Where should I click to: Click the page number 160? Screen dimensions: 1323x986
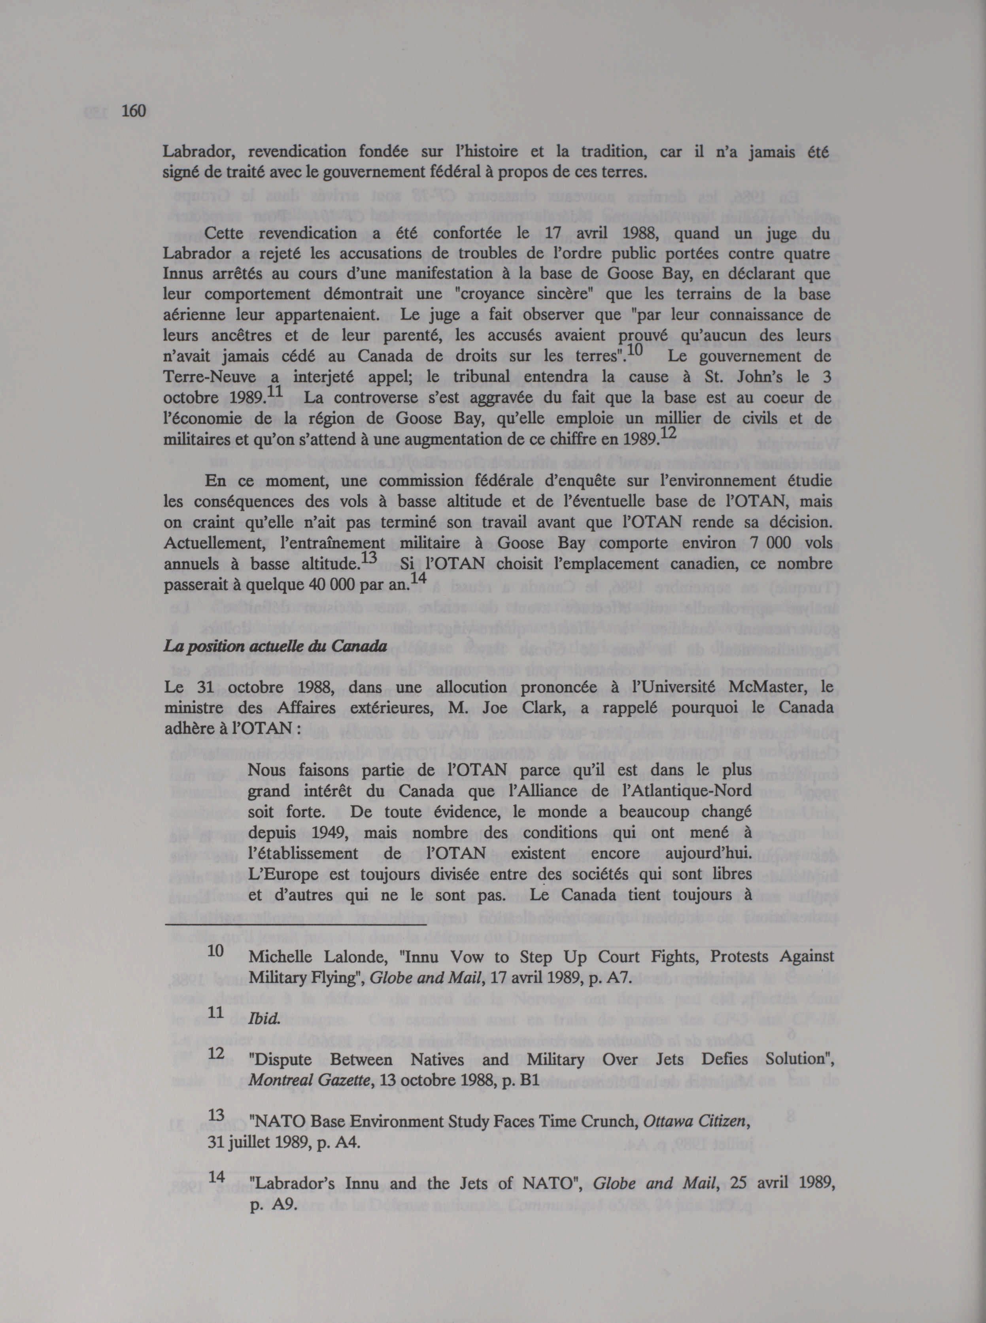pyautogui.click(x=134, y=111)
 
